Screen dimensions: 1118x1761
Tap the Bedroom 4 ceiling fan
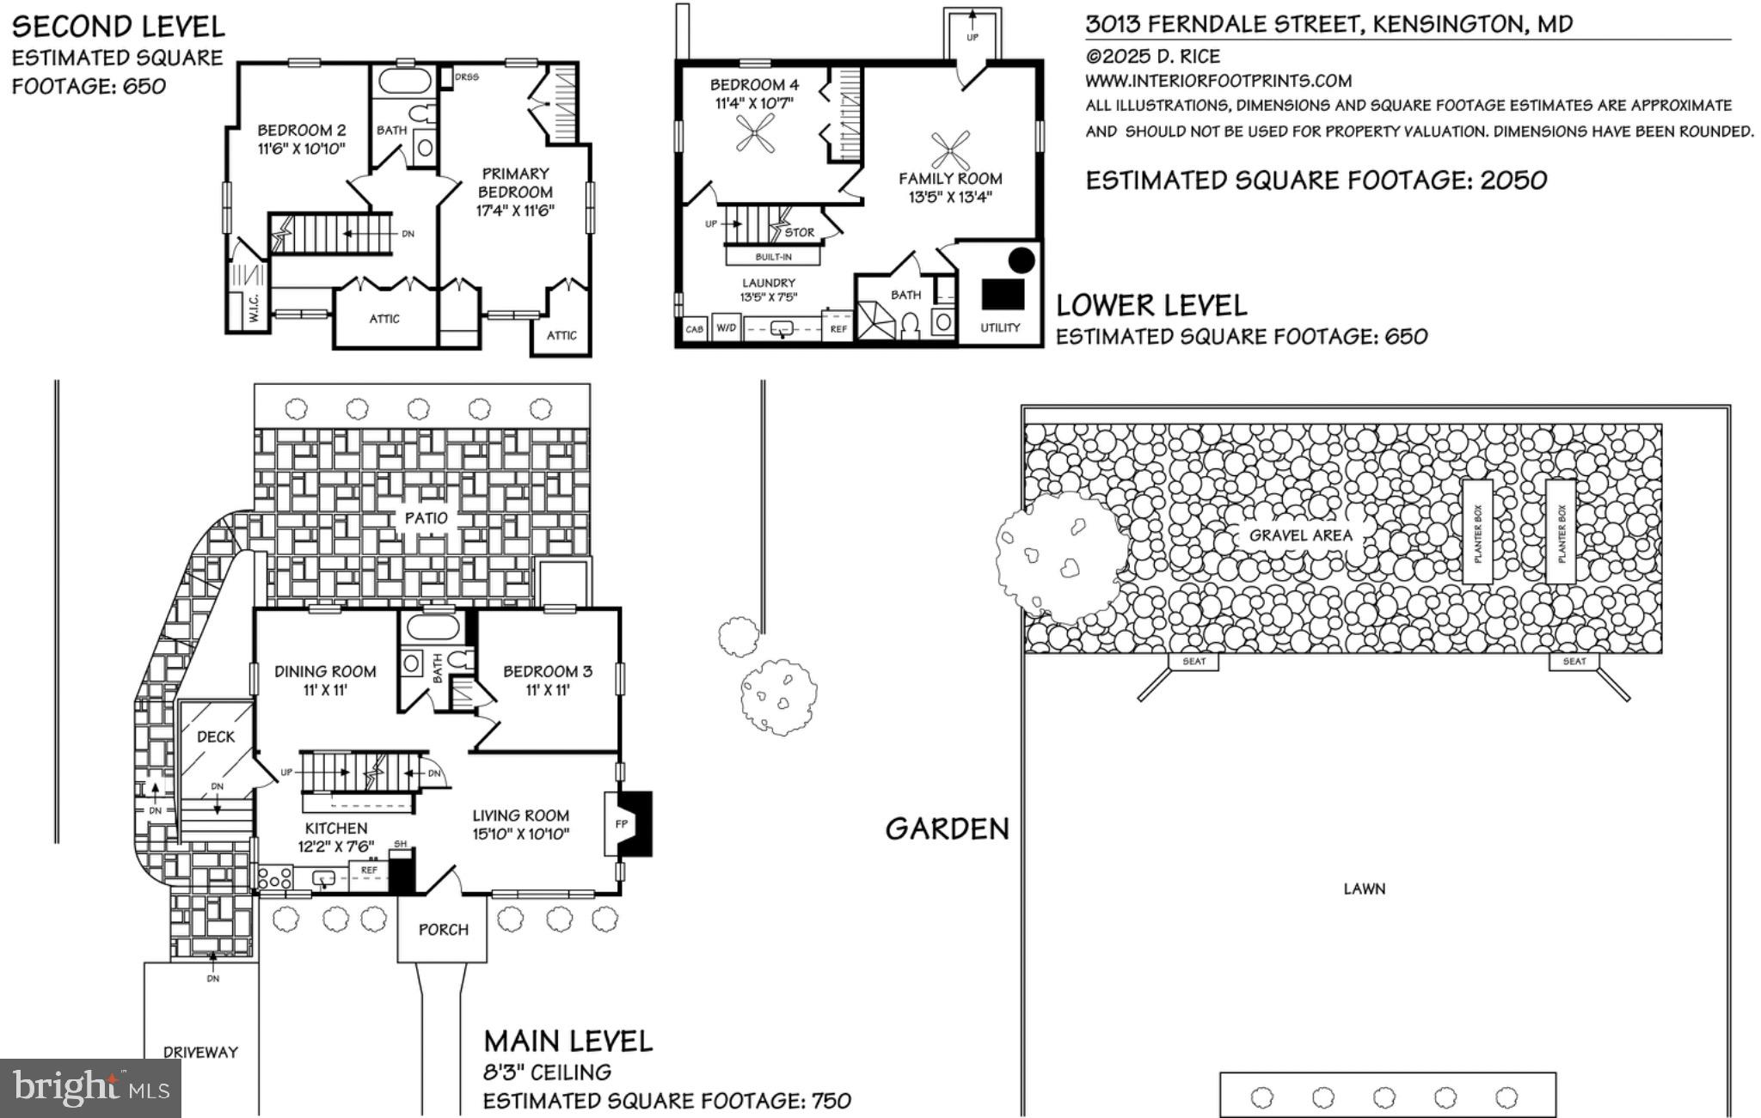(755, 134)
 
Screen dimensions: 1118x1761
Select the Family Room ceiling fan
(950, 151)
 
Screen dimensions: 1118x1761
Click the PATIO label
(426, 518)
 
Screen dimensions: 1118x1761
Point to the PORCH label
(443, 930)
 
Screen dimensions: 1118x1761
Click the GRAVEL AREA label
(1300, 535)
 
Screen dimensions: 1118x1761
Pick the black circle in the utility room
(1021, 260)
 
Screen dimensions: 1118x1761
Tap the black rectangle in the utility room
(1003, 294)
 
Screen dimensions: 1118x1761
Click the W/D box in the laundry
(727, 328)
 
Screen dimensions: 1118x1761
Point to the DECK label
(216, 737)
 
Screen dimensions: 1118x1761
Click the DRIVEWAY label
(200, 1052)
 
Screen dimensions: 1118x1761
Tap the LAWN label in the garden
(1364, 889)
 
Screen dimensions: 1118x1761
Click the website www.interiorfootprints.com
(1218, 81)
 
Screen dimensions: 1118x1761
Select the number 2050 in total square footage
(1513, 180)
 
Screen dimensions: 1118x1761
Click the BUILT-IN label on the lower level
(773, 257)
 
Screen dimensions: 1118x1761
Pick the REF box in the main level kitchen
(369, 871)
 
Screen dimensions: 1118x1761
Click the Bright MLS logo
(90, 1088)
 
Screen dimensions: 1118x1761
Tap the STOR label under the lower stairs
(799, 232)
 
